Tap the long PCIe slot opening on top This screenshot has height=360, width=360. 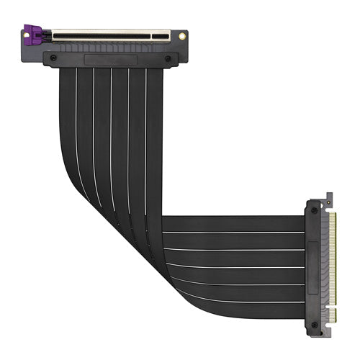tap(108, 33)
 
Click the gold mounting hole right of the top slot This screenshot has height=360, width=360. tap(182, 34)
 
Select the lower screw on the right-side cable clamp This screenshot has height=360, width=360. tap(314, 323)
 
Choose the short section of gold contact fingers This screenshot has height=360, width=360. tap(332, 314)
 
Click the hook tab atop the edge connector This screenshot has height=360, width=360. tap(329, 197)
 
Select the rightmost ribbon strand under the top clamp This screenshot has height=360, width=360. tap(154, 108)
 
